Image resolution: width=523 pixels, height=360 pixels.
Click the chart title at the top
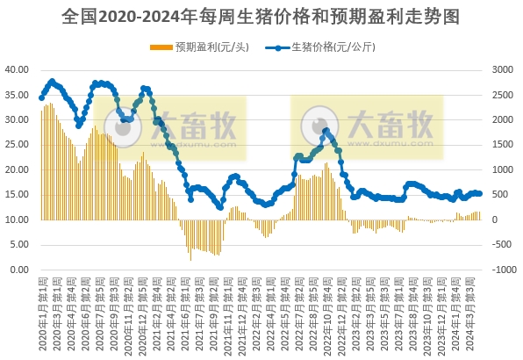(x=261, y=17)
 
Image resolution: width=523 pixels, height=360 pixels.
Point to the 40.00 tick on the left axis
(x=18, y=68)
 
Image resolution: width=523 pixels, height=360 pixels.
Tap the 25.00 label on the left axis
(x=18, y=144)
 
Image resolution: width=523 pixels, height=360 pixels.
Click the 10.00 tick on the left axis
(x=18, y=220)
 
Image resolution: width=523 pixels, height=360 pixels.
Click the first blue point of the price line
(x=41, y=97)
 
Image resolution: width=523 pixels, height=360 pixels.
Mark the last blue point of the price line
(x=480, y=194)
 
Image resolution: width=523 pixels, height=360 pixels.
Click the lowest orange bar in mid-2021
(x=191, y=260)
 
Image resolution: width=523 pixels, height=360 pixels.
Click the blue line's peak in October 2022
(x=326, y=131)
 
